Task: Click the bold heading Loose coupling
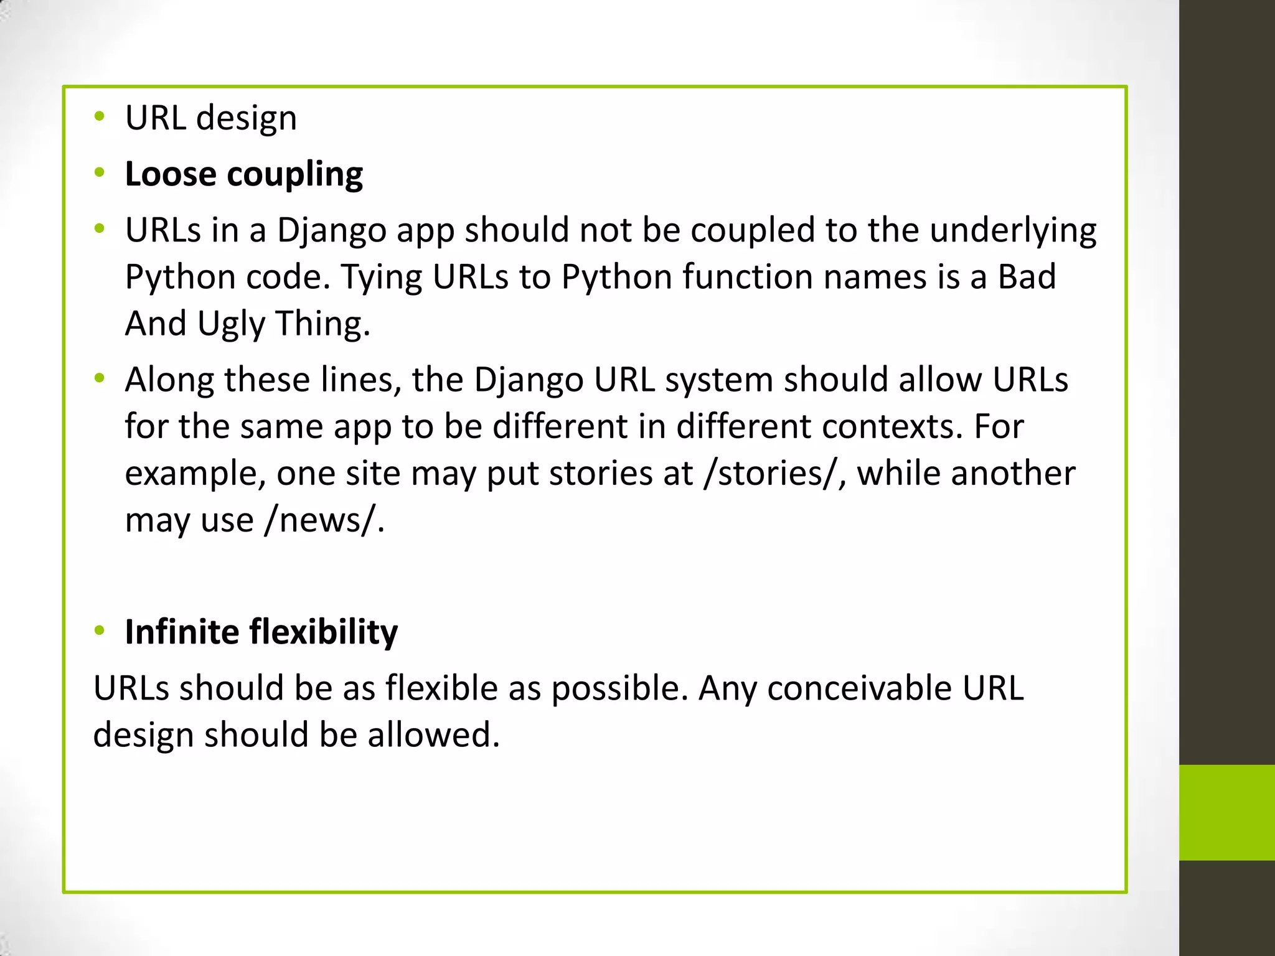243,174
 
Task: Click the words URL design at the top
210,118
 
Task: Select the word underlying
1013,230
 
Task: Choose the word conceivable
859,688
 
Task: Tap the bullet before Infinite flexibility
100,631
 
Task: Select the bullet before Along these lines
100,378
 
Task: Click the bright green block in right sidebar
1226,812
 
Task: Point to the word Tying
381,276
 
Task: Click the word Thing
322,324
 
